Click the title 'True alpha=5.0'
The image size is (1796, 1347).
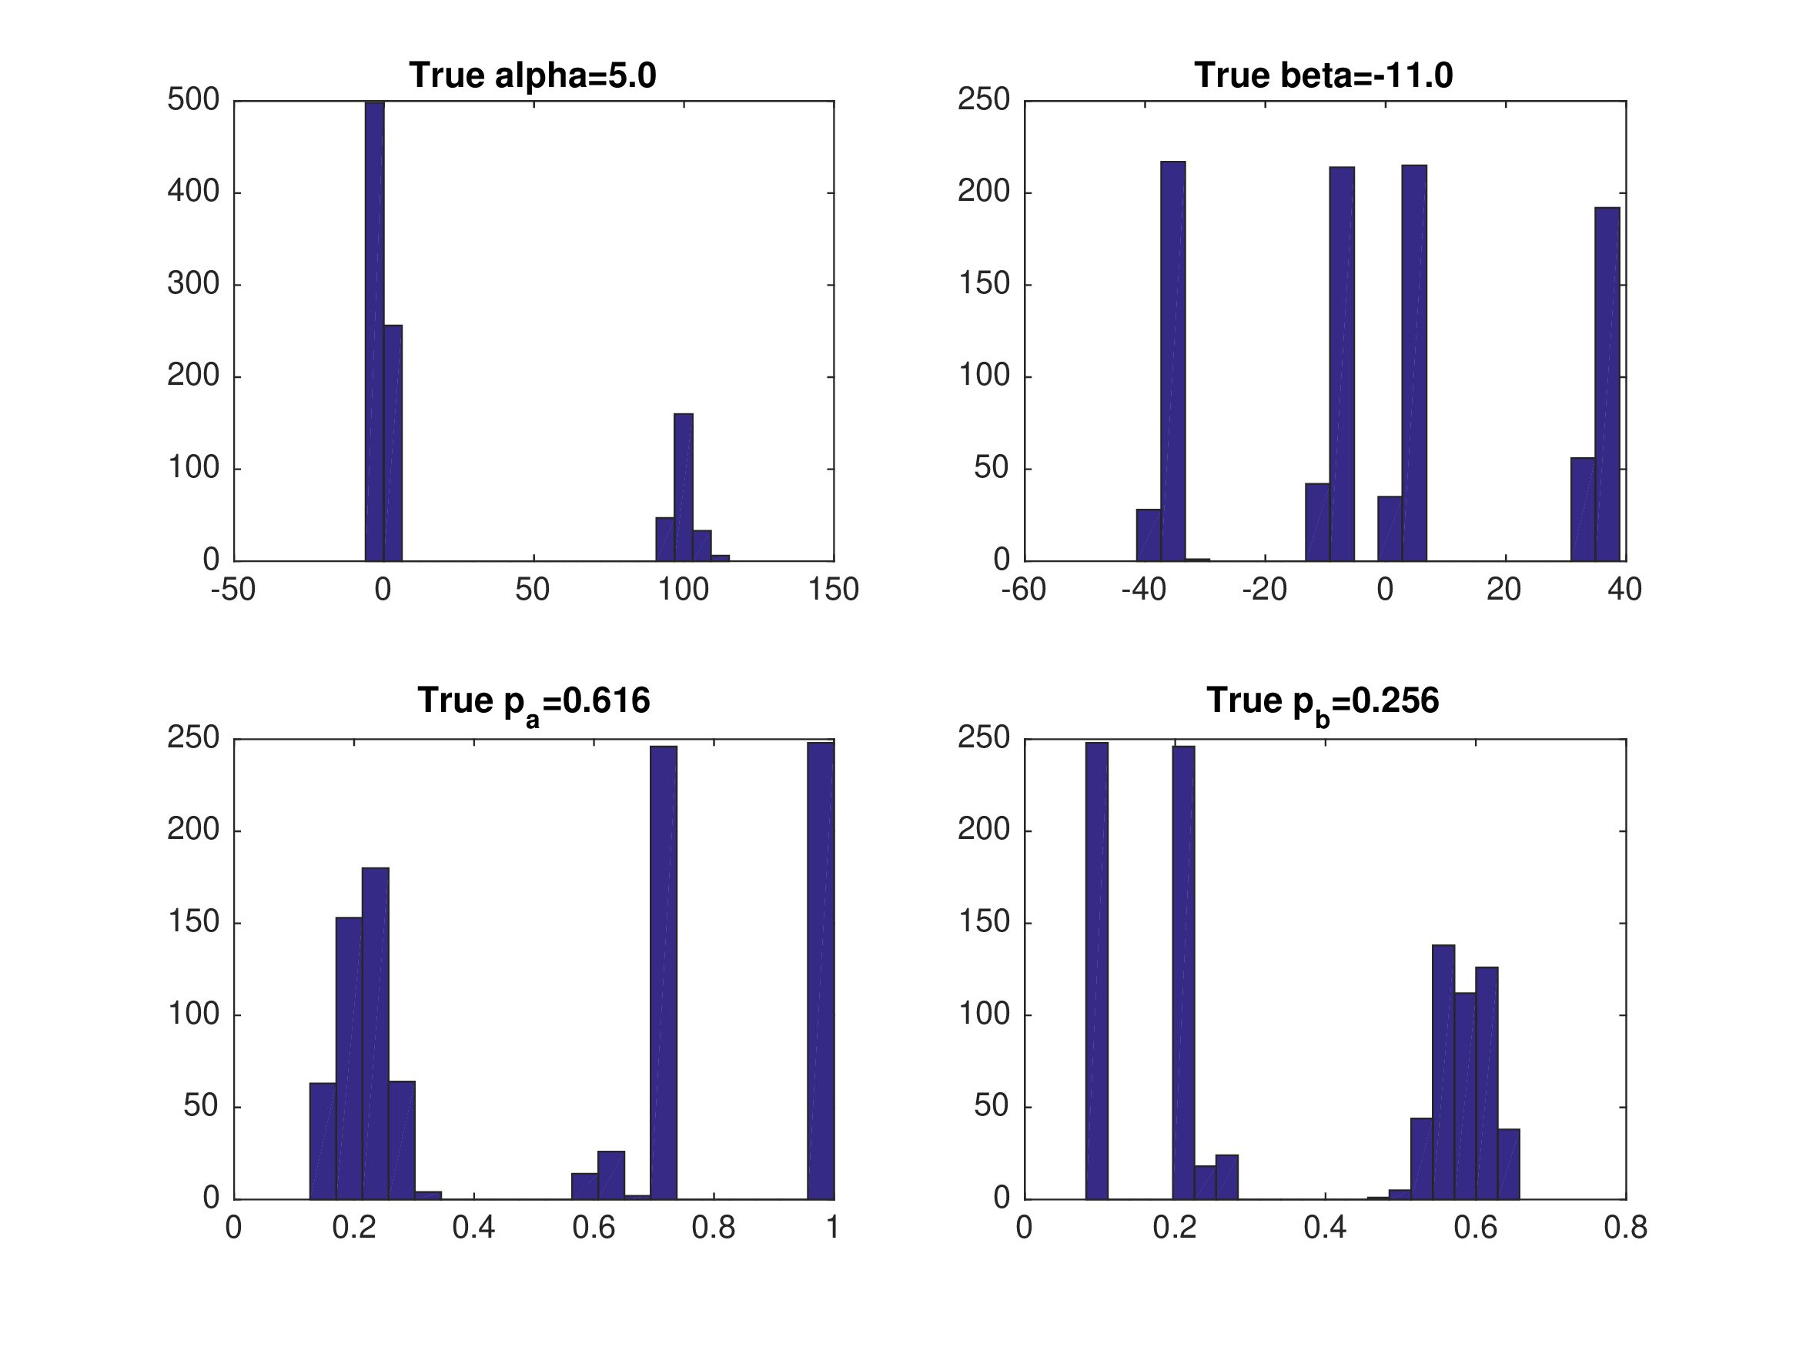(x=533, y=75)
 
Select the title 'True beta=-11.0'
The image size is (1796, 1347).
(x=1323, y=75)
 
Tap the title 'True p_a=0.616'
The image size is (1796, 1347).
(x=533, y=701)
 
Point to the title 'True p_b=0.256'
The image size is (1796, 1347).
(x=1323, y=701)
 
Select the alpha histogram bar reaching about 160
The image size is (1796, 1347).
(x=683, y=487)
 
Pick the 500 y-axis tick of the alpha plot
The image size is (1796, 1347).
(x=194, y=100)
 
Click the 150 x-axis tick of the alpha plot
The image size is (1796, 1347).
(x=833, y=590)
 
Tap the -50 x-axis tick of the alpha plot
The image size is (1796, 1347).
(x=234, y=590)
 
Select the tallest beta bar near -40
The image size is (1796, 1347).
(x=1172, y=361)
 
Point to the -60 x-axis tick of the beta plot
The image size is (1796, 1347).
(x=1024, y=590)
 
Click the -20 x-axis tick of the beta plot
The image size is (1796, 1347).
(x=1264, y=590)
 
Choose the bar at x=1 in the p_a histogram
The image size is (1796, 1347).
(x=821, y=971)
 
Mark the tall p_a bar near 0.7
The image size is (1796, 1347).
(x=664, y=972)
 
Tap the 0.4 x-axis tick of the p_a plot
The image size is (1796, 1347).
(x=473, y=1228)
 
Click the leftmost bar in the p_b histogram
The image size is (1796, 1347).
(x=1096, y=971)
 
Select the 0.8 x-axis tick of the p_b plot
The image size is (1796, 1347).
(x=1626, y=1228)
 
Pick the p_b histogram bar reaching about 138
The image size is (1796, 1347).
(x=1443, y=1071)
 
